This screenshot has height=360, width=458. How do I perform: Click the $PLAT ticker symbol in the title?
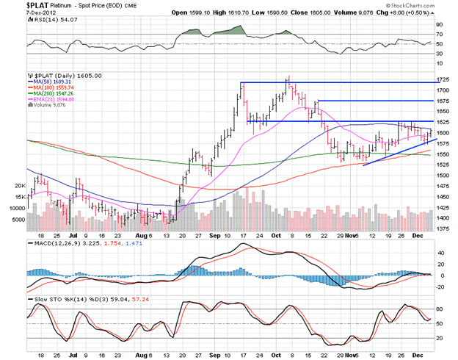click(15, 4)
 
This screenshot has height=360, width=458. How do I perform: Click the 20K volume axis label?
click(20, 186)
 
